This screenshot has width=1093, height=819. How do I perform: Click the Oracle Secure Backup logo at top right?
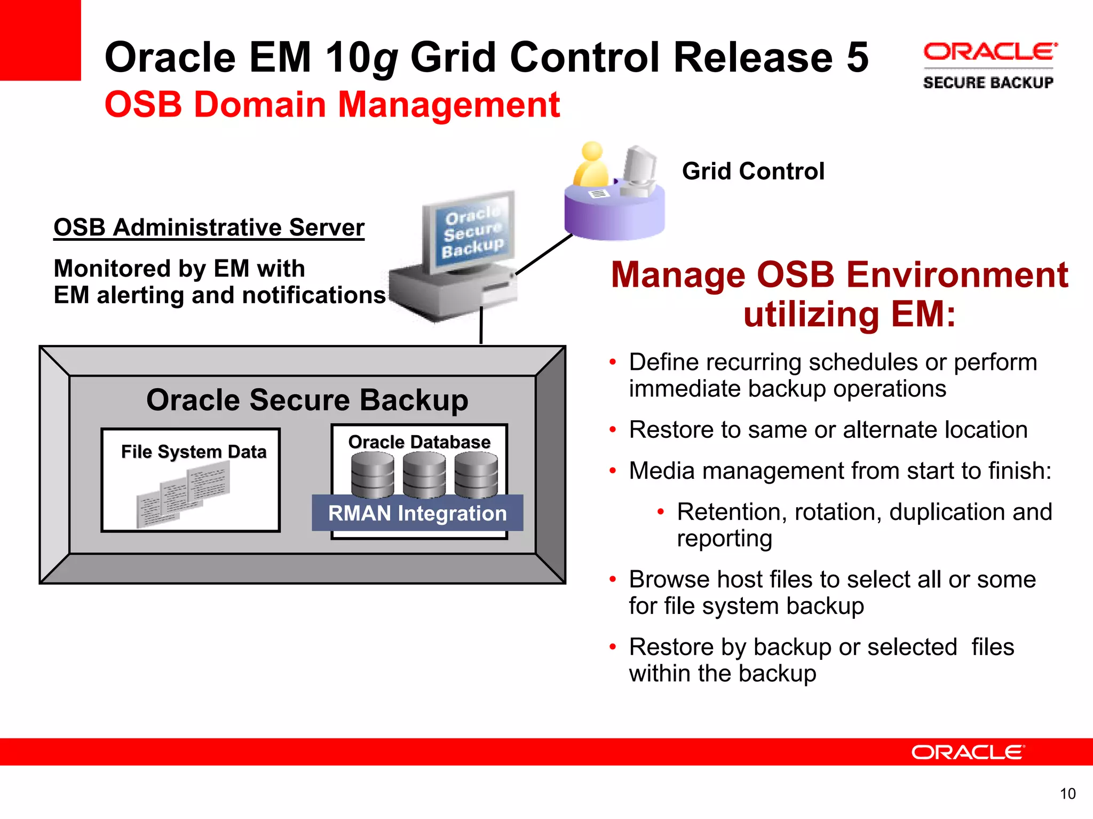coord(989,66)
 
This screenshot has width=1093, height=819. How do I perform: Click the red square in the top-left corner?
coord(40,40)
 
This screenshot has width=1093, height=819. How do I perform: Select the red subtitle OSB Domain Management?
coord(332,104)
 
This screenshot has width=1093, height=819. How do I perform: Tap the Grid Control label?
coord(753,171)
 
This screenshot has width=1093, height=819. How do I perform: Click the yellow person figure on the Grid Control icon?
coord(591,166)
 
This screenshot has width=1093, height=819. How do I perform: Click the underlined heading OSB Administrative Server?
coord(209,227)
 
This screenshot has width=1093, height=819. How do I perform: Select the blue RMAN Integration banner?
coord(417,513)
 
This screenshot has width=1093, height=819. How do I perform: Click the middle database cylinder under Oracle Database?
coord(424,474)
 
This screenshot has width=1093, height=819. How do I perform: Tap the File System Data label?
coord(193,452)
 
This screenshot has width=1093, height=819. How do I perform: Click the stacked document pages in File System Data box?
coord(184,494)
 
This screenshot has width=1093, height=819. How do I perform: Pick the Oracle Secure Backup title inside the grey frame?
coord(307,400)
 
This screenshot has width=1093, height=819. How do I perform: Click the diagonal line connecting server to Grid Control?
coord(543,255)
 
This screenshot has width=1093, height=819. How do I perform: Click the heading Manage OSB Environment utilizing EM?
coord(839,294)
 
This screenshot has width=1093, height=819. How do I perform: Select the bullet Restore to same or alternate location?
coord(828,430)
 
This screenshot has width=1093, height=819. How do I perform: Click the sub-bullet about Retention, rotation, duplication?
coord(864,524)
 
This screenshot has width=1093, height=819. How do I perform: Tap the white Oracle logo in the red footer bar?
coord(968,752)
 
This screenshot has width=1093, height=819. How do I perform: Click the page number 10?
coord(1067,794)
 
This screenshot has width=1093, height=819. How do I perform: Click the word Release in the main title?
coord(753,57)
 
